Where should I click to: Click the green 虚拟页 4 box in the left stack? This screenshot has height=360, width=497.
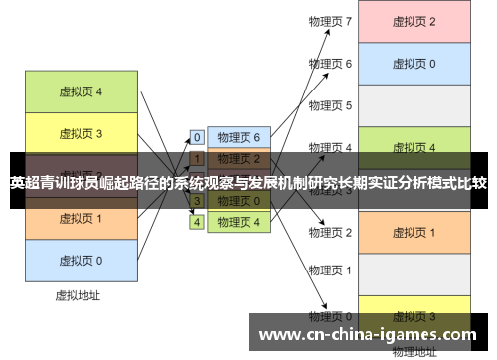(81, 91)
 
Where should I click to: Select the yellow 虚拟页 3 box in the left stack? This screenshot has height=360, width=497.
(81, 132)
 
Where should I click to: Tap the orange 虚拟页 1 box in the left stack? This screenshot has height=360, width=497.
(81, 218)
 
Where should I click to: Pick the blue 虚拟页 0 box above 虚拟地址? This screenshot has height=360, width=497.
(81, 260)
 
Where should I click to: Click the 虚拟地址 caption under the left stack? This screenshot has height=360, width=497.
(78, 295)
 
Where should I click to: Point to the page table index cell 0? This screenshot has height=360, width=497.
(197, 138)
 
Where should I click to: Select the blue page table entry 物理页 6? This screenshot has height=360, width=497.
(239, 138)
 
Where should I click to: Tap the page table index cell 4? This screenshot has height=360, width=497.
(197, 222)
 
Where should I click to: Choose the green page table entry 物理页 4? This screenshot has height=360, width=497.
(239, 222)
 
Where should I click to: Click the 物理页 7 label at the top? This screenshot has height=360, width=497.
(330, 21)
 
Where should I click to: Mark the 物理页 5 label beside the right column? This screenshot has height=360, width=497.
(330, 105)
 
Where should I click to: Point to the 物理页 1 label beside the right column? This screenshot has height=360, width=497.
(330, 270)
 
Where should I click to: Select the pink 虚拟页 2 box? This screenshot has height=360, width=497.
(414, 22)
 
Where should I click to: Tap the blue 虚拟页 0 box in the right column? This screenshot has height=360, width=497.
(414, 64)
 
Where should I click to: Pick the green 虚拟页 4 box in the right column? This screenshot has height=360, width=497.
(414, 148)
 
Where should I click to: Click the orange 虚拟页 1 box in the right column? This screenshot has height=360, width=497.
(414, 232)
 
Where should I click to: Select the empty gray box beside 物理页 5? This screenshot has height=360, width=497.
(414, 105)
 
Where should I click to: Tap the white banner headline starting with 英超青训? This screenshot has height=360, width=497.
(248, 183)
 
